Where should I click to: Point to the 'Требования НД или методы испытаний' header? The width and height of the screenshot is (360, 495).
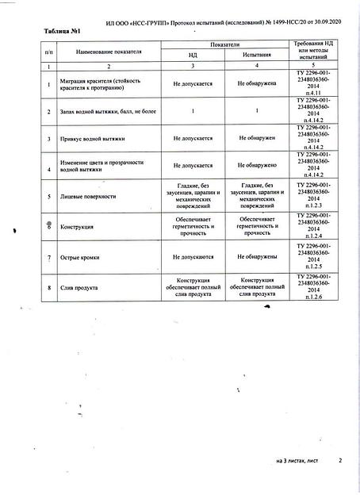coord(316,50)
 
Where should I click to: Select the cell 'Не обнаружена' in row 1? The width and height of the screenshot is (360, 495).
coord(257,83)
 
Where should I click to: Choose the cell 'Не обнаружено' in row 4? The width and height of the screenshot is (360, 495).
coord(257,166)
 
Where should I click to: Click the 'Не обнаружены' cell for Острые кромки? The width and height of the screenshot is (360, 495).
coord(257,257)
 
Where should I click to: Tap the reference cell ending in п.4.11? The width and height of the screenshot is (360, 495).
coord(316,84)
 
